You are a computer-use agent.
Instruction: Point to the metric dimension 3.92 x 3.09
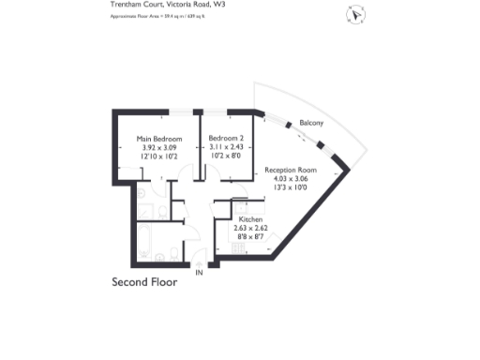click(158, 147)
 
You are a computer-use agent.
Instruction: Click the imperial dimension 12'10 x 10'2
click(158, 156)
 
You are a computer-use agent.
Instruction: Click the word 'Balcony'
click(312, 124)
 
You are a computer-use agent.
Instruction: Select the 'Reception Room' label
click(290, 170)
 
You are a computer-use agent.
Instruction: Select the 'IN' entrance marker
click(198, 274)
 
